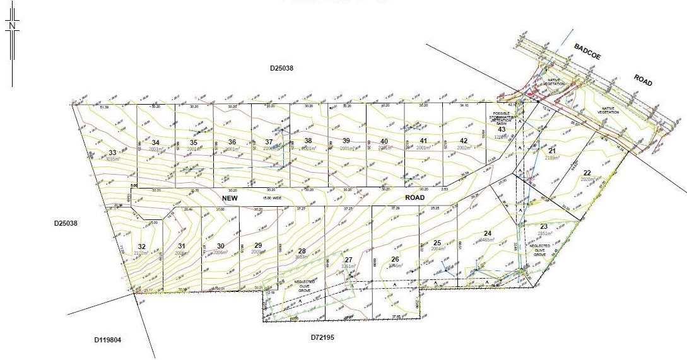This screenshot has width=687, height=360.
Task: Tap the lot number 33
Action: click(112, 153)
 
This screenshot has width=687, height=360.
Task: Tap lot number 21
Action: click(552, 151)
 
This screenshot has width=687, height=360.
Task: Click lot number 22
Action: click(587, 173)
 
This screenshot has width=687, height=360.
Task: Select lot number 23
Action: click(544, 226)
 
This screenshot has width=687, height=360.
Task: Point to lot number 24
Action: click(487, 234)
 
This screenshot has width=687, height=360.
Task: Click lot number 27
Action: click(348, 260)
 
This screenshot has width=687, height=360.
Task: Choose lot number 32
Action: click(141, 247)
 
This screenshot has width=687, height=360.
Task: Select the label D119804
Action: click(107, 340)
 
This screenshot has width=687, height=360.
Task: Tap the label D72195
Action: click(322, 337)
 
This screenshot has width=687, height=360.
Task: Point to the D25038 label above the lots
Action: click(282, 67)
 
